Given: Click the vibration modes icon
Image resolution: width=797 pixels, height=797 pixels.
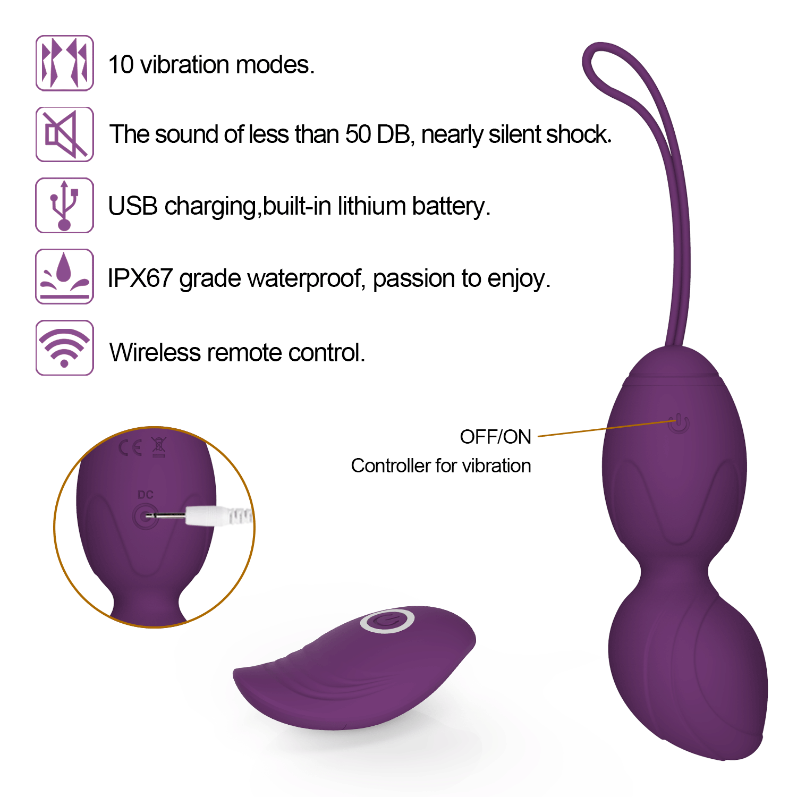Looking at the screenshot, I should [x=64, y=63].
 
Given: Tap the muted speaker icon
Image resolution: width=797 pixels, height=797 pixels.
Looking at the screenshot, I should [x=64, y=134].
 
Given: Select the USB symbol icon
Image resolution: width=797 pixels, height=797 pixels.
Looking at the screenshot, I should [x=64, y=205].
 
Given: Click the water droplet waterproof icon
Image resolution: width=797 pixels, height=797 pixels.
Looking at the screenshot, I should [x=64, y=276].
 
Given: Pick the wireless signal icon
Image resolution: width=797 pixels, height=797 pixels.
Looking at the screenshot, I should [x=64, y=347].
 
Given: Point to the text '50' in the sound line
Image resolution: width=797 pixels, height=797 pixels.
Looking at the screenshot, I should [x=358, y=134].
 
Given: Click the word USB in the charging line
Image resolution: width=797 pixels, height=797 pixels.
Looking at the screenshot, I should [x=133, y=206].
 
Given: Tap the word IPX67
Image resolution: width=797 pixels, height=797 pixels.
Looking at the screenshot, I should [x=140, y=278].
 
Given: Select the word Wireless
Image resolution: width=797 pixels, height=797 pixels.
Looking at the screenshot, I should [x=155, y=352].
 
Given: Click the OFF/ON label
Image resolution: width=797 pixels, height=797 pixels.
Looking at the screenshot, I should [x=495, y=437].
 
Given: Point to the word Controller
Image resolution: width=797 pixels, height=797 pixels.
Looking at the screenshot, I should [x=391, y=466].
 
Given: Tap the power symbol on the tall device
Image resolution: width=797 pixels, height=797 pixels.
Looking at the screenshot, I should [x=679, y=423].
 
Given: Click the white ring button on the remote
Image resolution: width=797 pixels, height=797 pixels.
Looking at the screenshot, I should [x=387, y=621].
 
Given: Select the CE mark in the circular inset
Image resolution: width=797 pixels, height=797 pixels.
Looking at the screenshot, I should [x=130, y=448].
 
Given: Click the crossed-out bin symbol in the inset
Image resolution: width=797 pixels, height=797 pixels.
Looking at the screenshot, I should [x=159, y=447].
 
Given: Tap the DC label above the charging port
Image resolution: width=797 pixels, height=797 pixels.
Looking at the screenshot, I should [x=145, y=495].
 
